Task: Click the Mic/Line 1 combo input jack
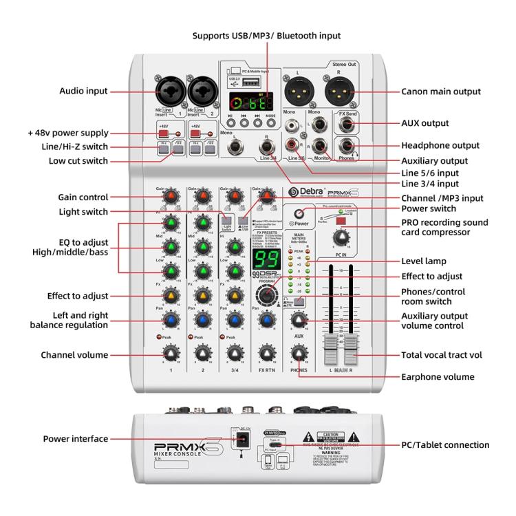tap(169, 92)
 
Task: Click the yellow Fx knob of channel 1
tap(169, 297)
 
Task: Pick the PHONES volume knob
tap(298, 354)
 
